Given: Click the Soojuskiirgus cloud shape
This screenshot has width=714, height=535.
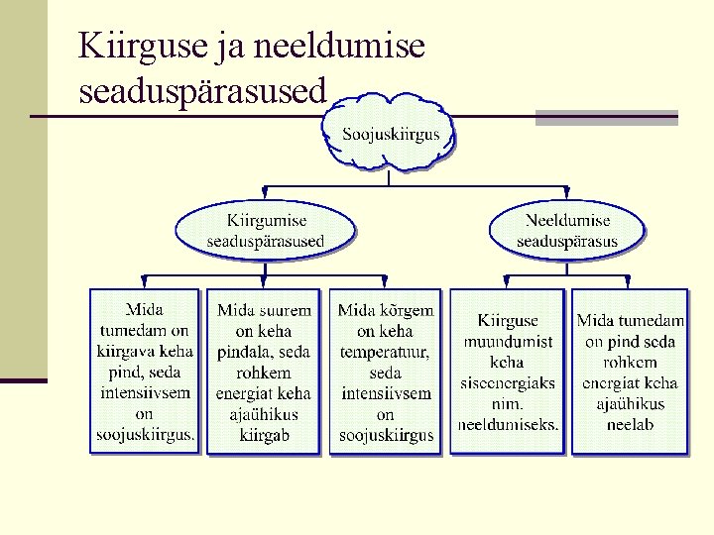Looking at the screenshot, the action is [x=391, y=134].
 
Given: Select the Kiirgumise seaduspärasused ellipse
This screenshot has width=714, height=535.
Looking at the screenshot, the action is [x=266, y=231].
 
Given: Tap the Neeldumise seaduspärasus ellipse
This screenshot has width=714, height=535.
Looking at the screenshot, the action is [x=566, y=231].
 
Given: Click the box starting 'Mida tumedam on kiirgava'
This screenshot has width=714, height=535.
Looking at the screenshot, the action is [x=145, y=372].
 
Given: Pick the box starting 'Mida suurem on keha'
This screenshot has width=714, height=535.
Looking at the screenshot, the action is [x=264, y=372].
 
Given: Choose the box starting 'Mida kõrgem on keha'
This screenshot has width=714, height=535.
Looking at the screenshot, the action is [x=385, y=372].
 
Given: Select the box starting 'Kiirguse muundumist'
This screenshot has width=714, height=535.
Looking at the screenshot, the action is [x=507, y=372].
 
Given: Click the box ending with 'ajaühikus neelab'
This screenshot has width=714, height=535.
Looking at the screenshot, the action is [x=630, y=372].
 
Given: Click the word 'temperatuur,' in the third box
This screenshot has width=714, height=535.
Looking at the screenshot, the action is [x=385, y=352].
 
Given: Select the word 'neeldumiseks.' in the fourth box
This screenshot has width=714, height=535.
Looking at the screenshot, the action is [x=508, y=425].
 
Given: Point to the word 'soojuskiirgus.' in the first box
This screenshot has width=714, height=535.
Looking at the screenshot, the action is [x=146, y=435].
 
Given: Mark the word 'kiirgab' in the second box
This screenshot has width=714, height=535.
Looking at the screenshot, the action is [x=264, y=435].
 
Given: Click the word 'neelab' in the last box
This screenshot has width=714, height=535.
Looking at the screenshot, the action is [x=631, y=425].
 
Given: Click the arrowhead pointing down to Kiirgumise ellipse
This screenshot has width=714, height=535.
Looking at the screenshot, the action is [x=265, y=191].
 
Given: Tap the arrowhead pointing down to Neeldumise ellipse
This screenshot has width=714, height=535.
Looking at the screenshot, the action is [x=566, y=191].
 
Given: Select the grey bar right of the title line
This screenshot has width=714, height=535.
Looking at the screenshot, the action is [x=606, y=117].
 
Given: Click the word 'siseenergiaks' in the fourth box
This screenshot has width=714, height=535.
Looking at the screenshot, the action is [x=507, y=383].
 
